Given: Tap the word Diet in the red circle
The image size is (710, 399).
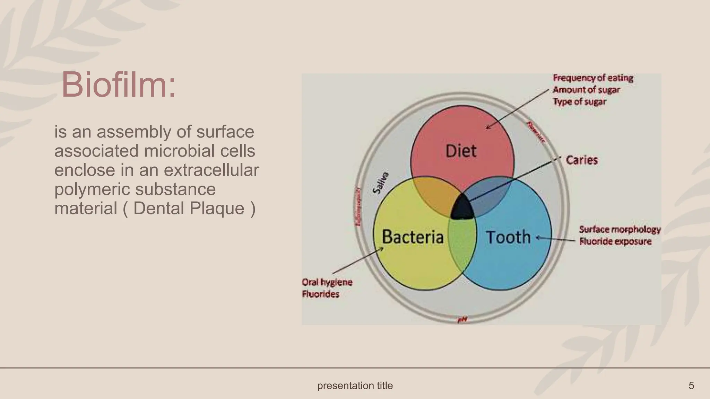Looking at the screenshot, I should click(461, 151).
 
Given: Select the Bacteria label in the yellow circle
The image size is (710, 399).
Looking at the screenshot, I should click(413, 237).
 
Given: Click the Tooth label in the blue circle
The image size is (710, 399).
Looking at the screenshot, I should click(508, 238).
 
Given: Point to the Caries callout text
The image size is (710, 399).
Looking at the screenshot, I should click(582, 160).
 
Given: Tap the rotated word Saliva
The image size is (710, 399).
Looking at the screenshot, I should click(381, 183).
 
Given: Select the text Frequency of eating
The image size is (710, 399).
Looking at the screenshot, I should click(593, 78).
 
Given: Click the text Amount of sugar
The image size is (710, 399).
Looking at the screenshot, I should click(586, 90).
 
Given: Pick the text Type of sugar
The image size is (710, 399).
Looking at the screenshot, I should click(579, 102).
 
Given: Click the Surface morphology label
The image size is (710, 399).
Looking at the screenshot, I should click(620, 230).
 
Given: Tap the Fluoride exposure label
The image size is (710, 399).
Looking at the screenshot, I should click(615, 241).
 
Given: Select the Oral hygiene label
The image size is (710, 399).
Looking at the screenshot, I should click(327, 282).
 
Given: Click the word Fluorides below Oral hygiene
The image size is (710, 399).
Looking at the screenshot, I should click(321, 294).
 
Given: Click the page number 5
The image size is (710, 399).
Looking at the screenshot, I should click(691, 385).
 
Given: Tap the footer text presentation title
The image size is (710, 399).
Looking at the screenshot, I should click(355, 385).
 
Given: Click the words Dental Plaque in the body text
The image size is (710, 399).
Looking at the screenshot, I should click(189, 209).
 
